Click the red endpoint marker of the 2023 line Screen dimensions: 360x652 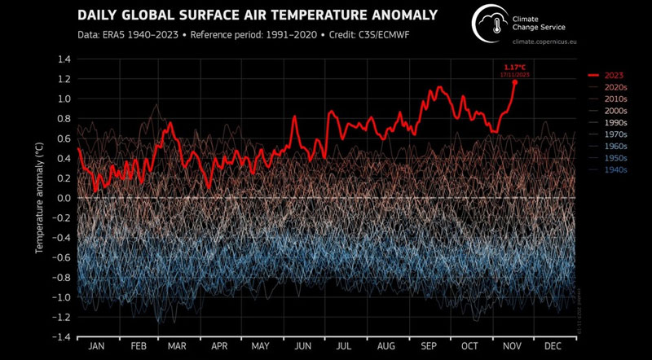[515, 81]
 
